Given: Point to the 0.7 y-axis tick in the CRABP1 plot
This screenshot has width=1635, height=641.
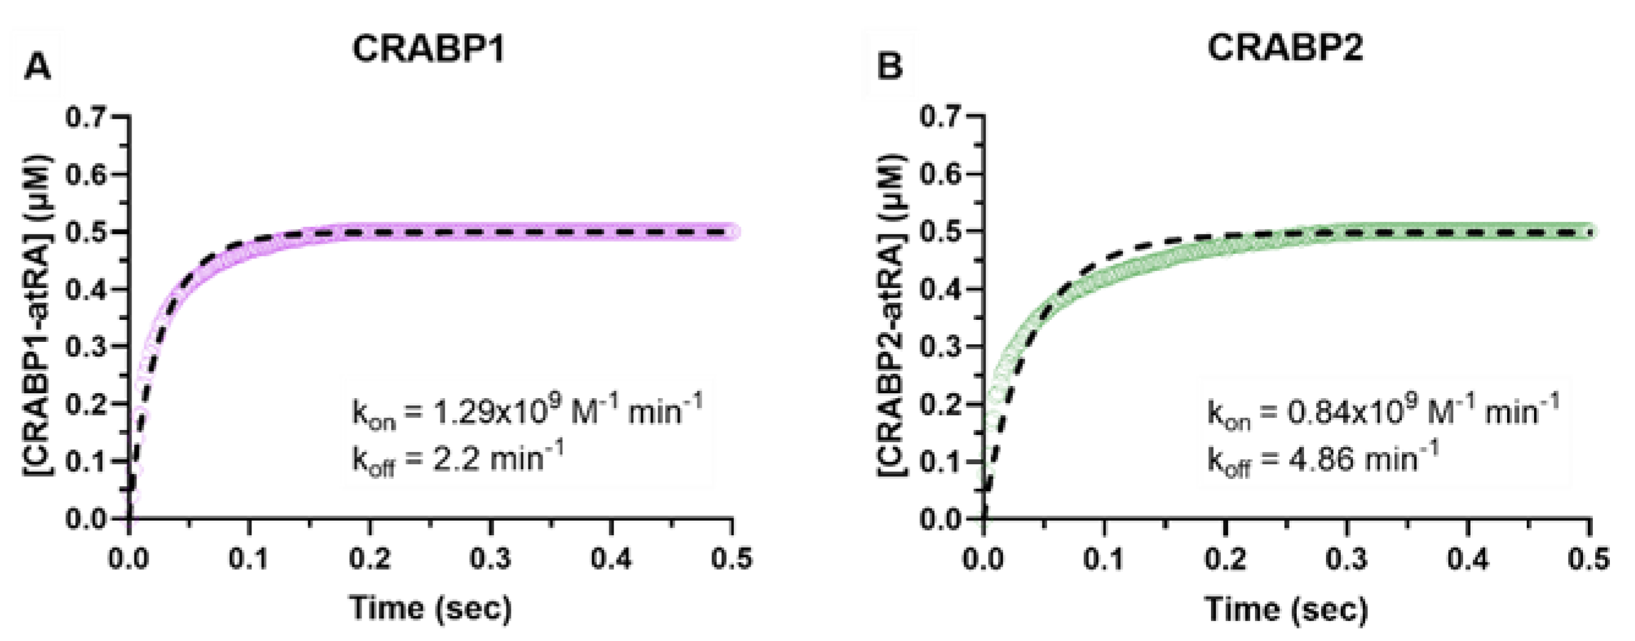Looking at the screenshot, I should tap(86, 117).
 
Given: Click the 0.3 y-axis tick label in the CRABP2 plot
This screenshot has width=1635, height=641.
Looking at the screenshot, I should tap(941, 347).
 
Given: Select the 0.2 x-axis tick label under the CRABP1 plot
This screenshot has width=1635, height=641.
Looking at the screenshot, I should tap(370, 559).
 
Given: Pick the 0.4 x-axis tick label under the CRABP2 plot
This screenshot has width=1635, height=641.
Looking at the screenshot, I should tap(1468, 559).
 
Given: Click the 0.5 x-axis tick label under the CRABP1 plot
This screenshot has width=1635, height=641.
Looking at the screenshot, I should tap(732, 559).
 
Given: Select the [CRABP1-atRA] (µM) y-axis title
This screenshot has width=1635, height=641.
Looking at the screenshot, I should tap(39, 315).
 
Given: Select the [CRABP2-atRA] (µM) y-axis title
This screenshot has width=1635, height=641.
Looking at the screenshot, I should tap(893, 315).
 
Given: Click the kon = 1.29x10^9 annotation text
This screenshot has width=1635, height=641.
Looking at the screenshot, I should tap(527, 412).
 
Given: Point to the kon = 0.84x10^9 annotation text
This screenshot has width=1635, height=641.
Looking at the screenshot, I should tap(1382, 412).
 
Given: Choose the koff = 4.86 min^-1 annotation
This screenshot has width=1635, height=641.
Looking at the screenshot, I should tap(1321, 459).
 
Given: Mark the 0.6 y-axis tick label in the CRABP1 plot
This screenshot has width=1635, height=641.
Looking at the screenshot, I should tap(86, 174).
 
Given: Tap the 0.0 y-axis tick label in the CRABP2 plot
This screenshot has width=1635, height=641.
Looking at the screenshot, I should tap(941, 519).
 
